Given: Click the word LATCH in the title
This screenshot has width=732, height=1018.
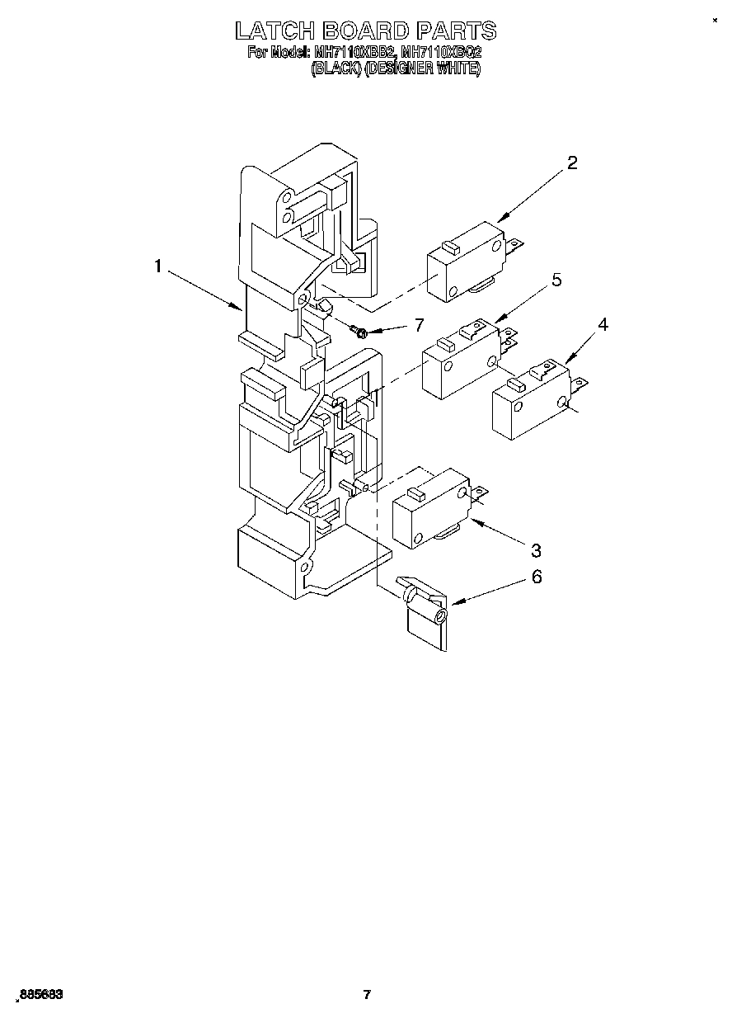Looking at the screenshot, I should tap(274, 31).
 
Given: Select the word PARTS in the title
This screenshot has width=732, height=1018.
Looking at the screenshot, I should tap(456, 31).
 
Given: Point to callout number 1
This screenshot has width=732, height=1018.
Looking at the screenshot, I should tap(157, 266).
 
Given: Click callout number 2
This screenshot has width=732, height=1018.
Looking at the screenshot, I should tap(572, 163).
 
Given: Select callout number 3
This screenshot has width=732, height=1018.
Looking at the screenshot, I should tap(536, 550).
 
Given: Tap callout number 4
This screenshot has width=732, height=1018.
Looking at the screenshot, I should tap(603, 324).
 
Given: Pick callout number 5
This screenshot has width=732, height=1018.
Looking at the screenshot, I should tap(556, 280).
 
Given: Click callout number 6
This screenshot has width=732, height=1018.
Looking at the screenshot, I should tap(537, 577).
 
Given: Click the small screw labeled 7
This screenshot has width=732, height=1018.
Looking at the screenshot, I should tap(359, 332).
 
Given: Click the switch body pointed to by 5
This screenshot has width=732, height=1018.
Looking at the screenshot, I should tap(458, 364).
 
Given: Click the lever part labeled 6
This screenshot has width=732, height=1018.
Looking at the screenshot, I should tap(425, 617).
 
